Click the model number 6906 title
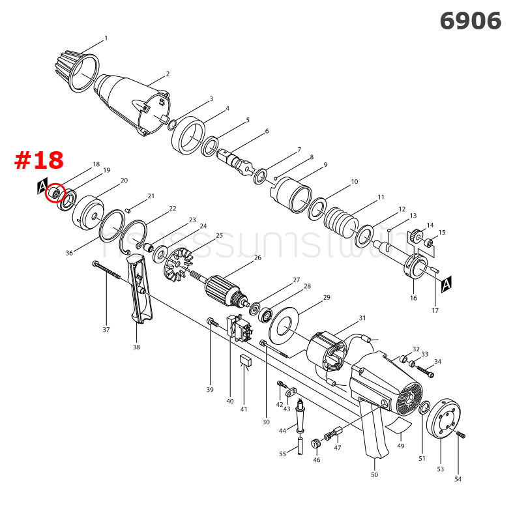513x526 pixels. click(x=470, y=21)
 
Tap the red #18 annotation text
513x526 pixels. click(x=39, y=160)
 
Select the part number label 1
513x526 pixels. click(x=106, y=38)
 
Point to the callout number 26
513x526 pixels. click(x=257, y=257)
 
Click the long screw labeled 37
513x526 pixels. click(x=108, y=272)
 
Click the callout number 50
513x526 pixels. click(x=374, y=475)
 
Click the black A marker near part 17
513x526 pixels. click(x=447, y=284)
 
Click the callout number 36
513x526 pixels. click(x=69, y=253)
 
